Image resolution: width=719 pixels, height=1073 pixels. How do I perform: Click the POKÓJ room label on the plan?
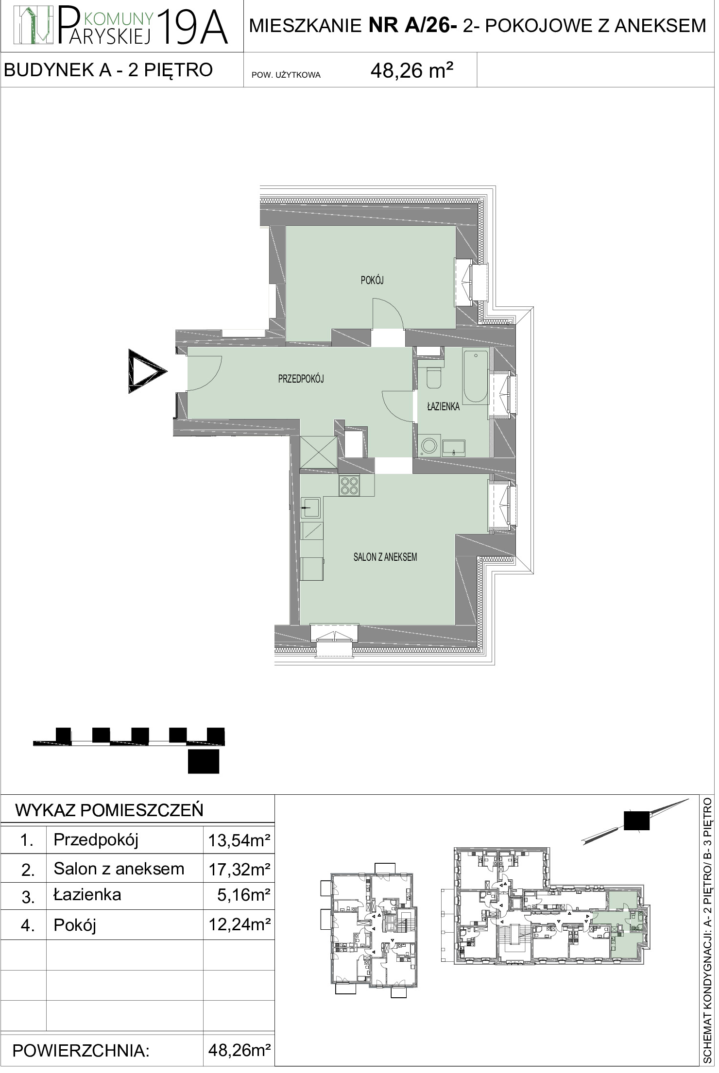[x=373, y=280]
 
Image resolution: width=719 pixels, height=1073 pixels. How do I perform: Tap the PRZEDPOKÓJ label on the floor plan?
[x=301, y=379]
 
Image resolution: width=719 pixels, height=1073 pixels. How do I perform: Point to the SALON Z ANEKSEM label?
[x=385, y=557]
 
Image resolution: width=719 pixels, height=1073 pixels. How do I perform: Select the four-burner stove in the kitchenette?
[x=349, y=485]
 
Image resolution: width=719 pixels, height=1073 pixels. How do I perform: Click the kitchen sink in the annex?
[x=310, y=508]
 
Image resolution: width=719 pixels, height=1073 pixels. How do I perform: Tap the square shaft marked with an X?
[x=318, y=452]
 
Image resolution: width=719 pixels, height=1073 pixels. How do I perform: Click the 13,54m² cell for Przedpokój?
[x=239, y=840]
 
